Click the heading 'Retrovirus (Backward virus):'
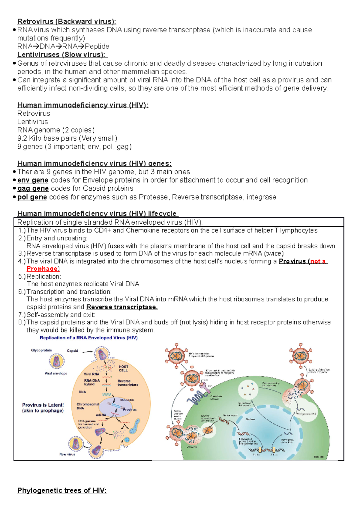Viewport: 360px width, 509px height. [x=67, y=21]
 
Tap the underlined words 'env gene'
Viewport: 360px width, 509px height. [x=33, y=180]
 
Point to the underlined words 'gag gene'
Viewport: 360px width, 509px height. [x=33, y=189]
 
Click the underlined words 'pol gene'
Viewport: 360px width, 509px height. [x=32, y=197]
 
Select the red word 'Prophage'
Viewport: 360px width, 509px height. [x=42, y=269]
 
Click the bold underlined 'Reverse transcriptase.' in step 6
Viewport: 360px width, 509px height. [x=122, y=307]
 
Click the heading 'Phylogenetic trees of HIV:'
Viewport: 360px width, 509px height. [x=62, y=490]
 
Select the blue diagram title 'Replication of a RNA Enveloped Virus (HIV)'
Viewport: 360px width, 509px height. [x=88, y=338]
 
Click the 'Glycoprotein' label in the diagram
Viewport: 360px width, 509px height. [x=41, y=350]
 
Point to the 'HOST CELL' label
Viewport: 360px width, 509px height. [x=123, y=368]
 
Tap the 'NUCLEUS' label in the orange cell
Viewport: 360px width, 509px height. [x=127, y=400]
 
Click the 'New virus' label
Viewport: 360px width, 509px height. [x=67, y=454]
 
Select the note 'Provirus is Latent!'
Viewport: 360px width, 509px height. [x=43, y=405]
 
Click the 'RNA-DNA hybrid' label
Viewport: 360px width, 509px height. [x=92, y=382]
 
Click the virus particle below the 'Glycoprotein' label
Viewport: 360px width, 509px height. [x=57, y=362]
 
